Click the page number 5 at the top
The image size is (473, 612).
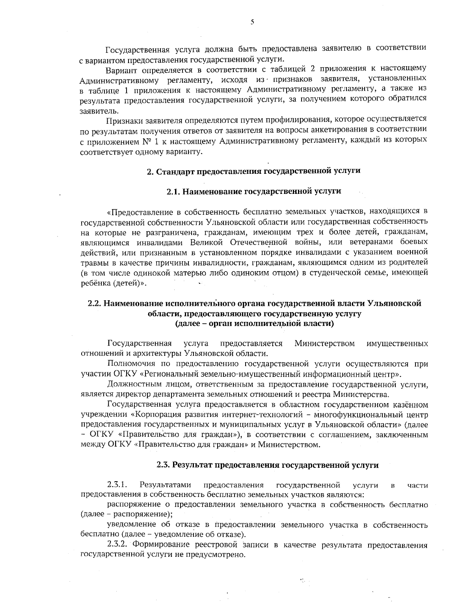[x=252, y=23]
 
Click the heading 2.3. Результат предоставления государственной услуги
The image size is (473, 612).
[x=268, y=465]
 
